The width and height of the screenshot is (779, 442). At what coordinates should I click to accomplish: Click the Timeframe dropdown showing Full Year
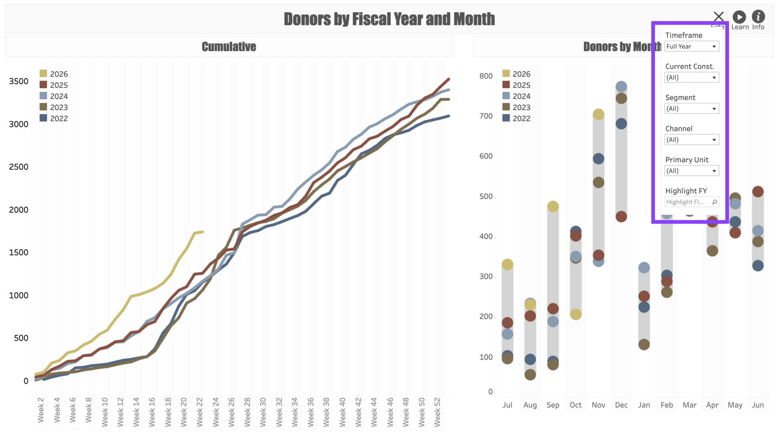click(691, 46)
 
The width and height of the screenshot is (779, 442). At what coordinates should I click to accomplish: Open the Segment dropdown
click(691, 109)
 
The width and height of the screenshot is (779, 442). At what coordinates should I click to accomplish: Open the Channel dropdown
click(691, 140)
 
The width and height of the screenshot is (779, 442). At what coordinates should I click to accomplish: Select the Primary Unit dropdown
click(691, 171)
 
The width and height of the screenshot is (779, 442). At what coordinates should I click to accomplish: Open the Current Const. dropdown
click(691, 78)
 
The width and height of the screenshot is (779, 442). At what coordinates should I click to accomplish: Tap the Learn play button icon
click(739, 17)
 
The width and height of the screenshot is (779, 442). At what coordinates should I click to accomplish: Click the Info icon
click(758, 17)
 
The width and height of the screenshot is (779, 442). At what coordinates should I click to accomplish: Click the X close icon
click(718, 17)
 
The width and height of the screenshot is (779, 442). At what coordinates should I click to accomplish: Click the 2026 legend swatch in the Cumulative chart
click(43, 73)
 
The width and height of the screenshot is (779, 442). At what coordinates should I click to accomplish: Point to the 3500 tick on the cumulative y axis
click(19, 82)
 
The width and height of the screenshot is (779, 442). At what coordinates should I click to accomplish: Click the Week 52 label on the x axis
click(438, 413)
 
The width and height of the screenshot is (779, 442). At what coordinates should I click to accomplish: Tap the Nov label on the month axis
click(598, 405)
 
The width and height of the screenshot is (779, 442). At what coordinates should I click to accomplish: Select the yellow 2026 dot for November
click(598, 114)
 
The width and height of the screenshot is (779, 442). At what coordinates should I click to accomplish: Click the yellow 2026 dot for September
click(553, 206)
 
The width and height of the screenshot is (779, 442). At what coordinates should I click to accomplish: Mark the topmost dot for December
click(621, 86)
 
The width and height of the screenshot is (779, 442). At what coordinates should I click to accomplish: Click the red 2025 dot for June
click(758, 192)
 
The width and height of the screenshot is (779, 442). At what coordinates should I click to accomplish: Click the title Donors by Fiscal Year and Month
click(389, 19)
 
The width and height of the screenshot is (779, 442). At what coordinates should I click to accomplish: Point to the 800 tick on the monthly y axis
click(486, 76)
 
